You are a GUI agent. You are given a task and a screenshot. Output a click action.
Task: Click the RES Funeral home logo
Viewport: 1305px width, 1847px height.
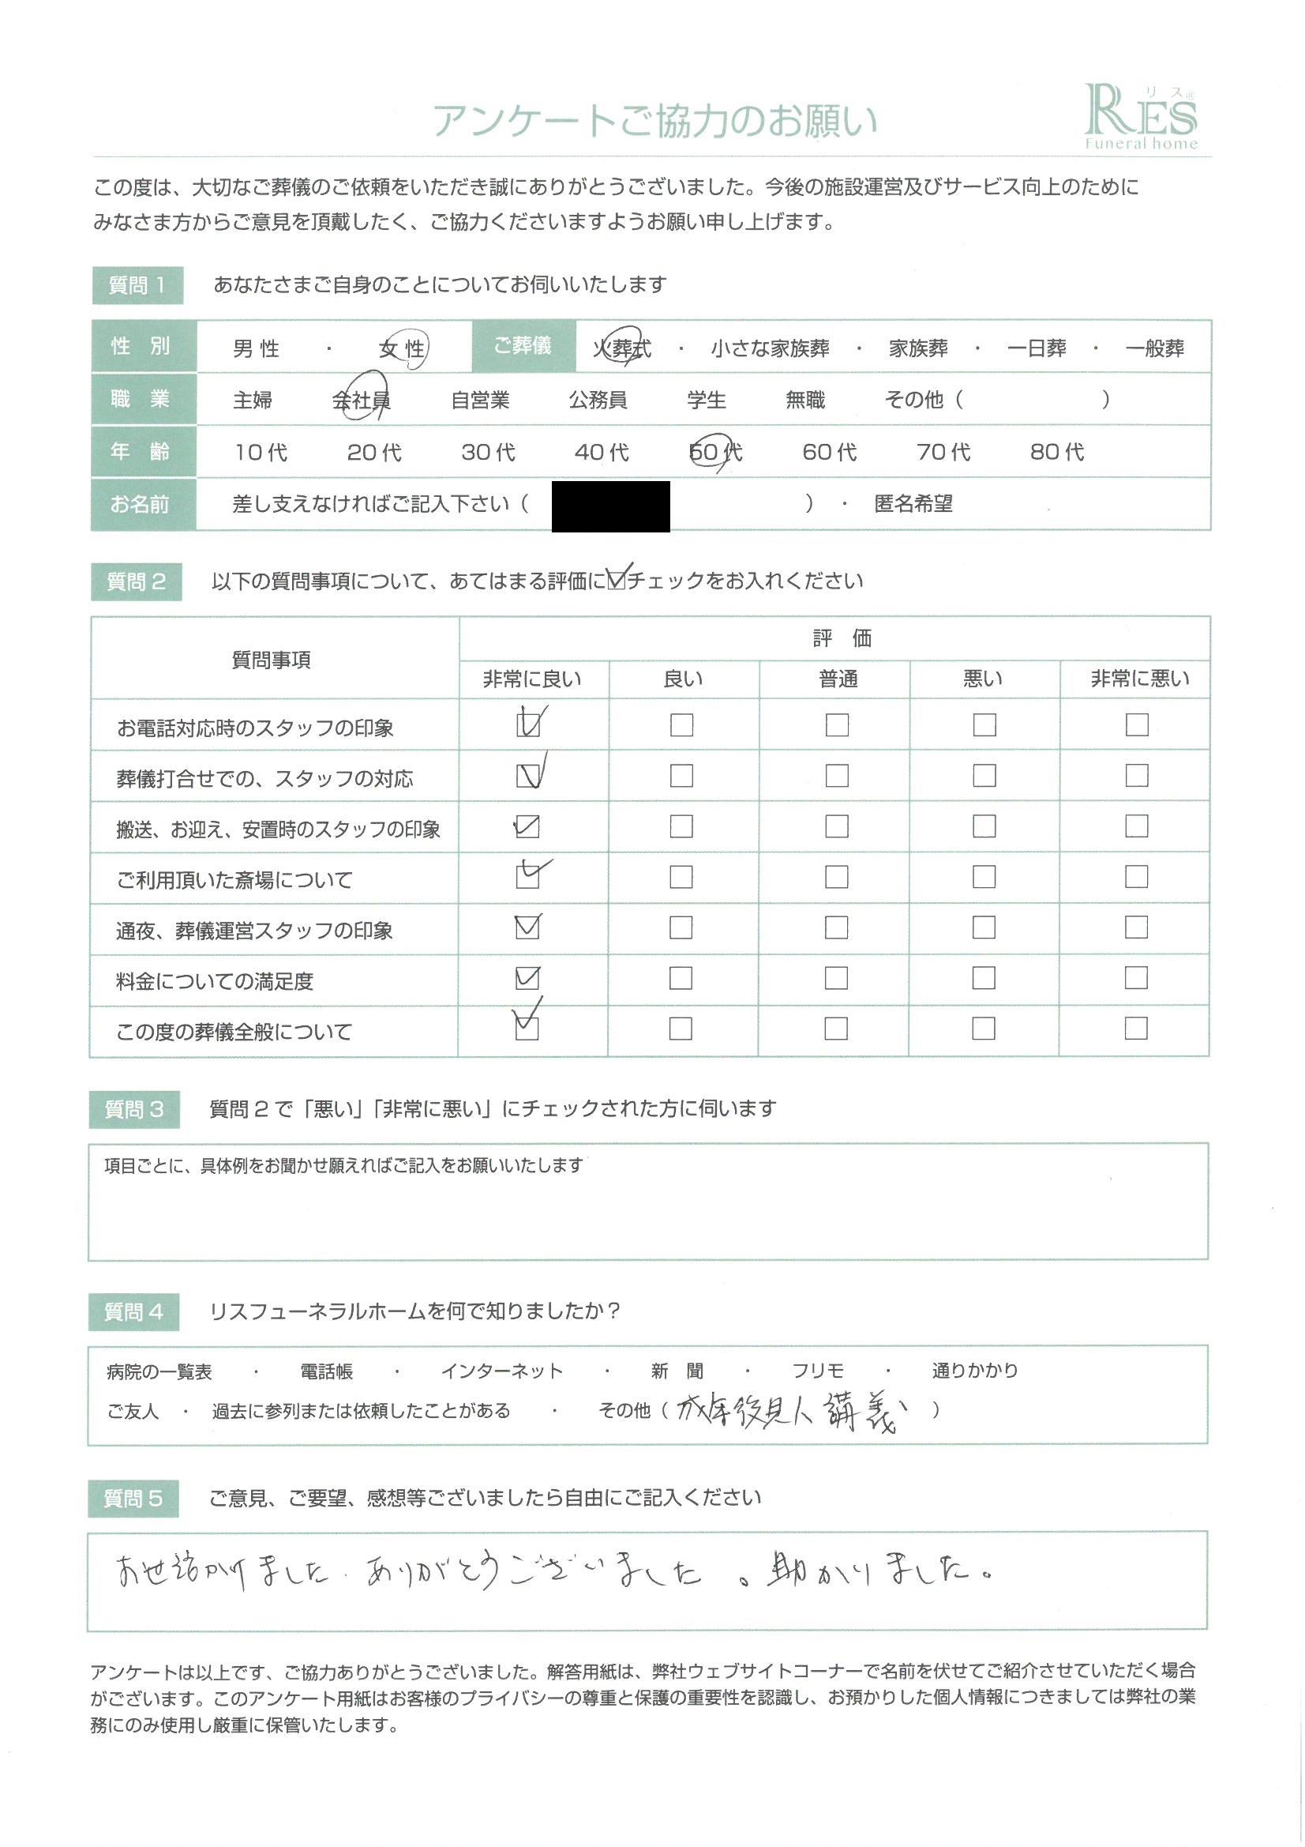pyautogui.click(x=1139, y=118)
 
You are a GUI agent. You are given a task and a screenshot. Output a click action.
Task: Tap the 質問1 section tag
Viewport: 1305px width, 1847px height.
pyautogui.click(x=137, y=285)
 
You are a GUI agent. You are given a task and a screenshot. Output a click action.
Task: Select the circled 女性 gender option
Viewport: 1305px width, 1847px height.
pyautogui.click(x=402, y=348)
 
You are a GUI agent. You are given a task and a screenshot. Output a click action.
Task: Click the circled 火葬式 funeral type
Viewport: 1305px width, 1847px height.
pyautogui.click(x=621, y=348)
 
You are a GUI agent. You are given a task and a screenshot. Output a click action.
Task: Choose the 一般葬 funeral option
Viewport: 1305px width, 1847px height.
pyautogui.click(x=1154, y=348)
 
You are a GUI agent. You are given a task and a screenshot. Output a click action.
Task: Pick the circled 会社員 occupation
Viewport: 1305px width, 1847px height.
pyautogui.click(x=361, y=400)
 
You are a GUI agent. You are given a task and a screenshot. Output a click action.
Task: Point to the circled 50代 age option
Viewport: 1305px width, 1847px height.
pyautogui.click(x=714, y=452)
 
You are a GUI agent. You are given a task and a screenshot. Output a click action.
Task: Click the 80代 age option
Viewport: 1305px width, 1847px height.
pyautogui.click(x=1056, y=452)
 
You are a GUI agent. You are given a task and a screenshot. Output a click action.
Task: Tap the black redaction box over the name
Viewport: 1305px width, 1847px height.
pyautogui.click(x=610, y=506)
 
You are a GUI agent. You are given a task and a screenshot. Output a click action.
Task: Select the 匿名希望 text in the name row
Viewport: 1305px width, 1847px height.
pyautogui.click(x=913, y=504)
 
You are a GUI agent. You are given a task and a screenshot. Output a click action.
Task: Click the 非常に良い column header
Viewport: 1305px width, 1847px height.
pyautogui.click(x=531, y=679)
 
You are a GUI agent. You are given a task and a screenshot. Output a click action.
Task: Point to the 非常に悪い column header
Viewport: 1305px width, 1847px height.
pyautogui.click(x=1139, y=679)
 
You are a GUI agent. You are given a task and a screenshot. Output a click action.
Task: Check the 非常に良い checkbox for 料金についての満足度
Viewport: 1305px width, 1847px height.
pyautogui.click(x=527, y=978)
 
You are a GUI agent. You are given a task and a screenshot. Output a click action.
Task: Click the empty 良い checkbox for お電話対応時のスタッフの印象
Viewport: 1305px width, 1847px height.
pyautogui.click(x=681, y=724)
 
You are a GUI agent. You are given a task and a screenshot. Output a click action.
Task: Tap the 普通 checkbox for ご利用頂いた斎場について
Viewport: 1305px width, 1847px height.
pyautogui.click(x=836, y=877)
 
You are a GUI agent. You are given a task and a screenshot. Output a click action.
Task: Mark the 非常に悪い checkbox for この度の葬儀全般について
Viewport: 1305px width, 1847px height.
pyautogui.click(x=1135, y=1029)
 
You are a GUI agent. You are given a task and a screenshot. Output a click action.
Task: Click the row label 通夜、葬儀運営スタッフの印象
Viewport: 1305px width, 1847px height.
pyautogui.click(x=254, y=931)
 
